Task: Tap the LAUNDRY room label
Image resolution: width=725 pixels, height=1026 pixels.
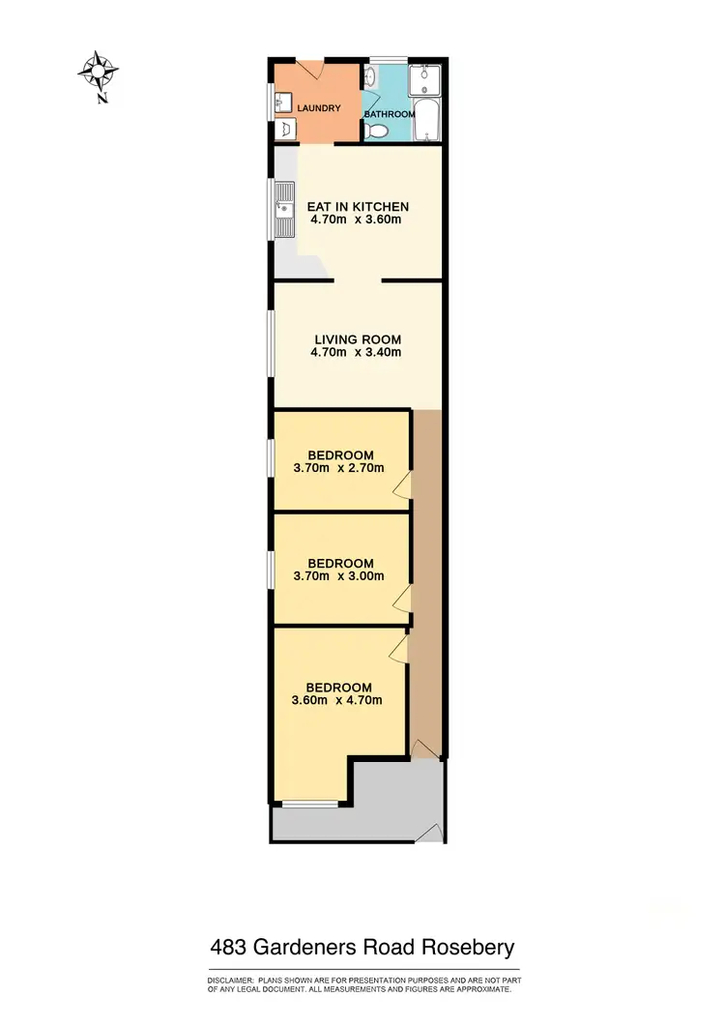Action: (318, 108)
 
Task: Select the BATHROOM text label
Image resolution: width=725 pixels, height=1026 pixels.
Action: (389, 114)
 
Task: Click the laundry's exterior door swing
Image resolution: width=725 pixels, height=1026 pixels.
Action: (311, 70)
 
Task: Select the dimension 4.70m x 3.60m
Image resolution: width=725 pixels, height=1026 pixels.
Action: (356, 220)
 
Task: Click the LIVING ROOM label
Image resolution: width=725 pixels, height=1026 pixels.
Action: (357, 339)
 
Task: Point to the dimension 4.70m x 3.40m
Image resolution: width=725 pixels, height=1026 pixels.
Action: (356, 352)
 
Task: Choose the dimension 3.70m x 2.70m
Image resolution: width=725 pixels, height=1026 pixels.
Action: (338, 468)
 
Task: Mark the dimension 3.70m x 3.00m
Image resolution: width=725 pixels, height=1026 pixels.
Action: (338, 576)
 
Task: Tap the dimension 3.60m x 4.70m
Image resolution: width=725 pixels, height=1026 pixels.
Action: (337, 700)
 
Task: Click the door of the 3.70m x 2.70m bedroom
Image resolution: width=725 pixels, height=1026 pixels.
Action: (402, 486)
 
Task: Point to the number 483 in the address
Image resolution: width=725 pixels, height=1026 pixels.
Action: (232, 947)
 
